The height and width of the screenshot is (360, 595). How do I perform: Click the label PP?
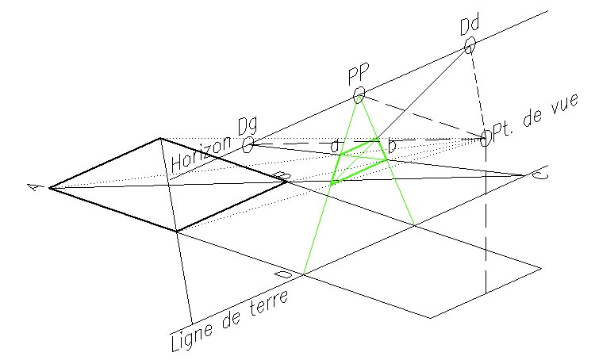(359, 75)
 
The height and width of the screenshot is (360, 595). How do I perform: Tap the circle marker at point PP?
(359, 95)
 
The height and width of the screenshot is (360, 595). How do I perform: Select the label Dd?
(470, 25)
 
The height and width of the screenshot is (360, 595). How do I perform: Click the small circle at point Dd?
(470, 44)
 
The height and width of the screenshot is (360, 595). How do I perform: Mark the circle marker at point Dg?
(248, 144)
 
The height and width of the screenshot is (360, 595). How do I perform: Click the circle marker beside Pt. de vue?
(486, 139)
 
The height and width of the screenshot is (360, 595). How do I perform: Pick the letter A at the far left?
(34, 187)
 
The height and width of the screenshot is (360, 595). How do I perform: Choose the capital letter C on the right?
(538, 175)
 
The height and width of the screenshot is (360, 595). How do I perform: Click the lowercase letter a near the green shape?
(336, 146)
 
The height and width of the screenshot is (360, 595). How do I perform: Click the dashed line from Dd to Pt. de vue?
(478, 90)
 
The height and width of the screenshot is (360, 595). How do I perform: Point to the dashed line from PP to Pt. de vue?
(420, 117)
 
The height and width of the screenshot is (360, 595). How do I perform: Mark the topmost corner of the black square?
(160, 137)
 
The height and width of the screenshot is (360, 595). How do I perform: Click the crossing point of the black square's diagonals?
(167, 185)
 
